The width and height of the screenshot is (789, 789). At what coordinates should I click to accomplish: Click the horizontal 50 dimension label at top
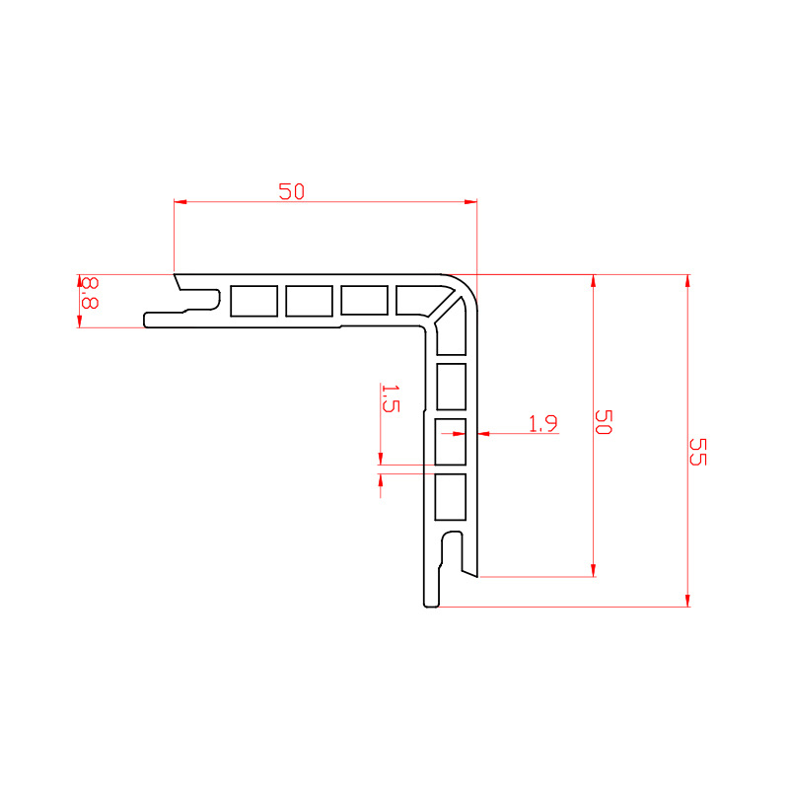pos(291,191)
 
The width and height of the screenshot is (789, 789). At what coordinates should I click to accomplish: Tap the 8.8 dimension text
pos(90,292)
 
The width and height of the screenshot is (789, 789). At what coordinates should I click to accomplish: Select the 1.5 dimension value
pos(391,398)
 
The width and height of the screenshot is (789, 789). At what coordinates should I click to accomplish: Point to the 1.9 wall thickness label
pos(543,424)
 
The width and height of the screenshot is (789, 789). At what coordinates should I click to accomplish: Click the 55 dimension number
pos(697,452)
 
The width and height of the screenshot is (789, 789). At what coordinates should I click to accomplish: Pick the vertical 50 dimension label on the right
pos(603,422)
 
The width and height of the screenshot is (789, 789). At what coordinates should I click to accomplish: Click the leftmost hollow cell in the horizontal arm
pos(254,301)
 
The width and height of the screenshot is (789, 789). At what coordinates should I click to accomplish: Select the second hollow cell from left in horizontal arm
pos(309,301)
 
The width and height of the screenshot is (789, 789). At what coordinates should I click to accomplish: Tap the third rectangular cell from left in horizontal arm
pos(364,301)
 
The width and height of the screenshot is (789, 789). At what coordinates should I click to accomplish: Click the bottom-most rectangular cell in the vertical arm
pos(451,497)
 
